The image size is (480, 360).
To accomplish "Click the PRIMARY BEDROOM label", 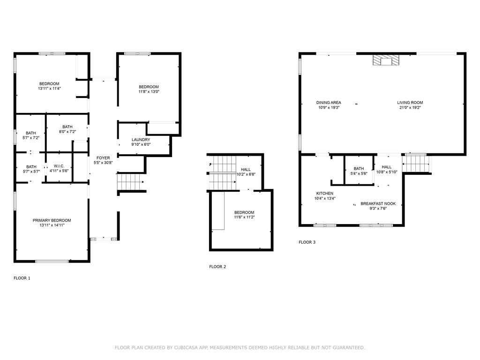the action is point(52,220).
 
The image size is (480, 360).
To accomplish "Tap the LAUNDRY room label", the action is point(141,140).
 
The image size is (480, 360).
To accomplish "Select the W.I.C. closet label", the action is point(59,166).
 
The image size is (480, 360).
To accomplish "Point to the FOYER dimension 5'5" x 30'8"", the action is point(103,163).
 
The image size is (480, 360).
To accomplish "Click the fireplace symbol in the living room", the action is point(386,60).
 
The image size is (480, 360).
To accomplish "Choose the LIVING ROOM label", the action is point(410,103).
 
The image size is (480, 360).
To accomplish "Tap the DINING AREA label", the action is point(329,103).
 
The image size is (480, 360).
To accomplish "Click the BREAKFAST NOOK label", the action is point(378,203).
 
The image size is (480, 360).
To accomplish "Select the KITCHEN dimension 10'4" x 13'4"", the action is point(325,198).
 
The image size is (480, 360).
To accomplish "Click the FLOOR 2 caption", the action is point(217,267).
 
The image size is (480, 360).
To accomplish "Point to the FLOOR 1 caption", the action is point(22,278).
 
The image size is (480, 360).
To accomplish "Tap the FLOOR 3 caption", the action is point(307,242).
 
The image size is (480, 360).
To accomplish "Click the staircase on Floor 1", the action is point(130,181).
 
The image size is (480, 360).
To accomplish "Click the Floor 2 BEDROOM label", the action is point(244,212).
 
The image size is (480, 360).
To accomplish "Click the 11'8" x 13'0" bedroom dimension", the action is point(149,91).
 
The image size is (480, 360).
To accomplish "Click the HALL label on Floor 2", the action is point(246,170).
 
